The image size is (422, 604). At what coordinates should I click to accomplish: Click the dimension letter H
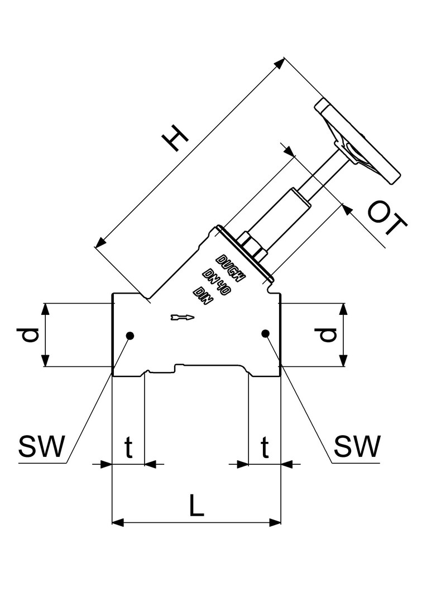pyautogui.click(x=175, y=138)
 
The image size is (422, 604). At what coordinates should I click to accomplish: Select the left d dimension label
pyautogui.click(x=31, y=334)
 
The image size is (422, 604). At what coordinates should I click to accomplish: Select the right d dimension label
pyautogui.click(x=328, y=334)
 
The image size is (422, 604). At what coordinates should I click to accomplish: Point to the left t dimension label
pyautogui.click(x=128, y=447)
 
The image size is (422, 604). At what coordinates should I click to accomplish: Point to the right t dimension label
pyautogui.click(x=265, y=447)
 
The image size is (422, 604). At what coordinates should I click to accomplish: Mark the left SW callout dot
pyautogui.click(x=130, y=335)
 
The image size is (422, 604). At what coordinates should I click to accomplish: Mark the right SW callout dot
pyautogui.click(x=265, y=334)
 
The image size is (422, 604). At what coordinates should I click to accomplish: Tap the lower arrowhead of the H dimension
pyautogui.click(x=100, y=242)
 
